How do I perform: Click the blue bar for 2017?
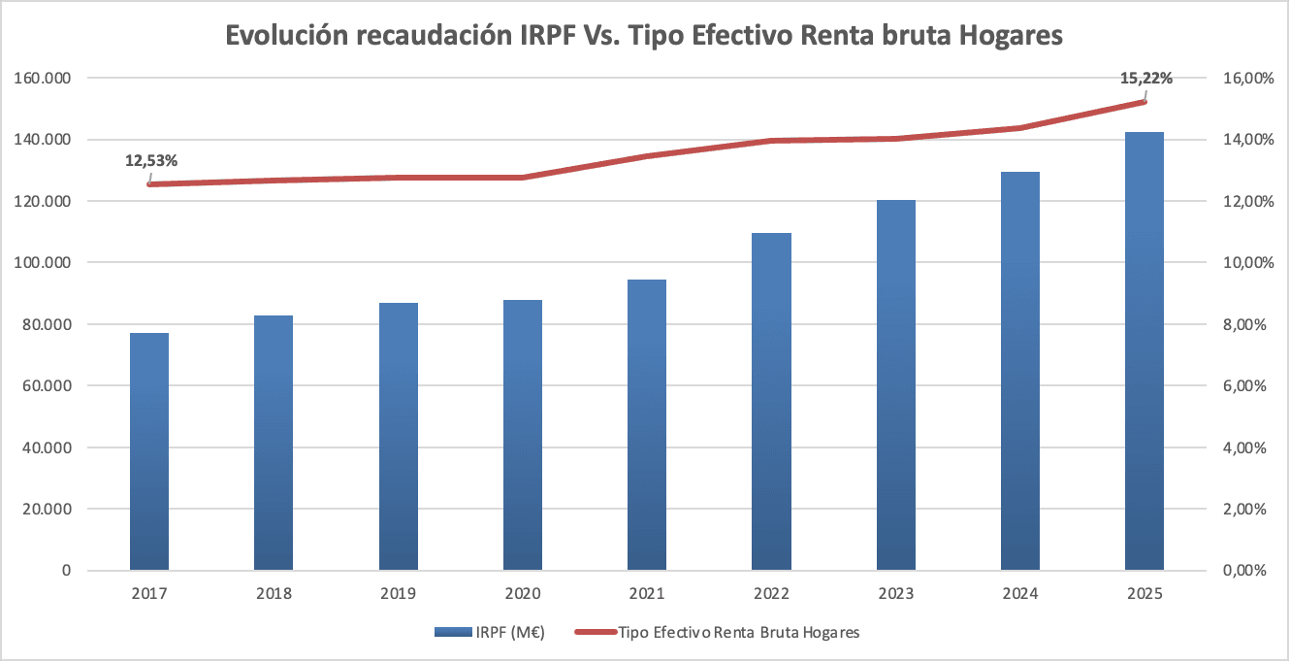tap(149, 451)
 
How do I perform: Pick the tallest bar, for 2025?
tap(1145, 350)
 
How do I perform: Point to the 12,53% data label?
tap(151, 160)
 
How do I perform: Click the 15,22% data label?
tap(1145, 79)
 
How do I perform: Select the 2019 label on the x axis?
tap(399, 594)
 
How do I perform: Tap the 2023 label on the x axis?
tap(896, 594)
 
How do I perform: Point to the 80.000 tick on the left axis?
tap(47, 324)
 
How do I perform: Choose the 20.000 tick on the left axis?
tap(47, 509)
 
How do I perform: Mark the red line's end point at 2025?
tap(1145, 102)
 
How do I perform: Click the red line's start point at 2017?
tap(149, 184)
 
